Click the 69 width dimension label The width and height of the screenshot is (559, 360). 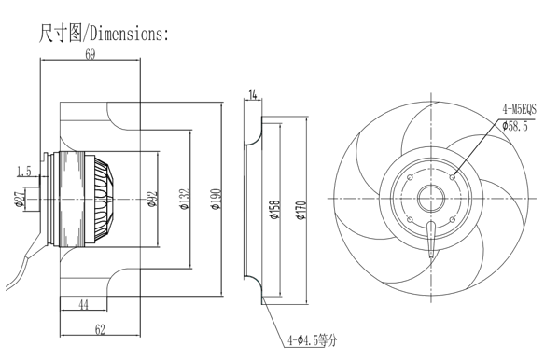[91, 54]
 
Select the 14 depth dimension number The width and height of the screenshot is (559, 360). [252, 95]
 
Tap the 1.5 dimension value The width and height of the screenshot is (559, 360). [24, 172]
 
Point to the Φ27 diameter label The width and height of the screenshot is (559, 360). [20, 199]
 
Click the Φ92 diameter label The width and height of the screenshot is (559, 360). [152, 200]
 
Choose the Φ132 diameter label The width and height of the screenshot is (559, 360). [185, 199]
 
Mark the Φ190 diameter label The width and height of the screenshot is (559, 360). [217, 199]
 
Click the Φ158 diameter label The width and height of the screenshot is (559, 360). [275, 210]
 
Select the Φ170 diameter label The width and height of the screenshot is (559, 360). [301, 210]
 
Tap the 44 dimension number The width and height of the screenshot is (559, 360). [83, 305]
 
